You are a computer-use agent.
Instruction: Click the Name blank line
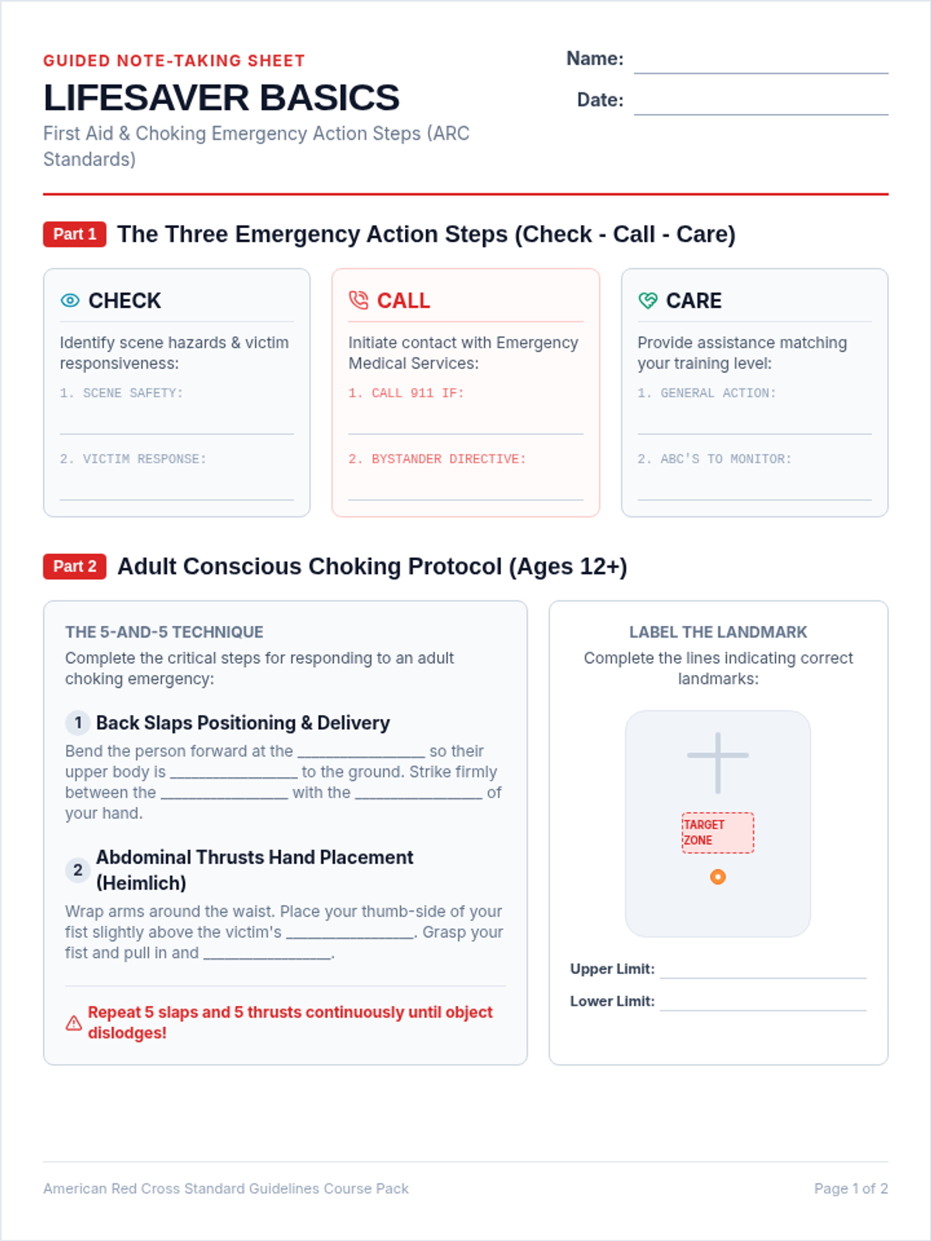click(x=761, y=73)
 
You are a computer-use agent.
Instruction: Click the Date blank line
click(x=761, y=114)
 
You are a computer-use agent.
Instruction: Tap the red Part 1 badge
click(x=74, y=234)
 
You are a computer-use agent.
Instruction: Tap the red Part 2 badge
click(x=74, y=566)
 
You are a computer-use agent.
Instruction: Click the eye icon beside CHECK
click(x=70, y=300)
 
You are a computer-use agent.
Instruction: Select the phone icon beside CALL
click(x=358, y=300)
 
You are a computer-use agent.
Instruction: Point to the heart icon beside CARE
click(x=648, y=300)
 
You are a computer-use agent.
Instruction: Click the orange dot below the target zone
click(x=718, y=876)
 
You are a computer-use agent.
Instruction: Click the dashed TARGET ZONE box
click(x=718, y=832)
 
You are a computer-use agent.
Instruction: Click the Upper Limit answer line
click(x=763, y=977)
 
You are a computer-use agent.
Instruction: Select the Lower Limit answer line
click(x=763, y=1010)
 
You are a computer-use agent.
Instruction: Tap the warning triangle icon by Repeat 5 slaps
click(x=74, y=1023)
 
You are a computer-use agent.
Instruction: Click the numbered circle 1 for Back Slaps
click(x=78, y=723)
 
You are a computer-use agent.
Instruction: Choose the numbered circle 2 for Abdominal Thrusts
click(x=78, y=869)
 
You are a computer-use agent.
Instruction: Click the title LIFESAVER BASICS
click(x=222, y=97)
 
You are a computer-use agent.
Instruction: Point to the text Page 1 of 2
click(x=851, y=1188)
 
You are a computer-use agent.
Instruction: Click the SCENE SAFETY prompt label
click(x=122, y=393)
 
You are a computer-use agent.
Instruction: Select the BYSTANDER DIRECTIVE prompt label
click(x=437, y=458)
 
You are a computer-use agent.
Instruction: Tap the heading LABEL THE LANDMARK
click(x=718, y=631)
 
